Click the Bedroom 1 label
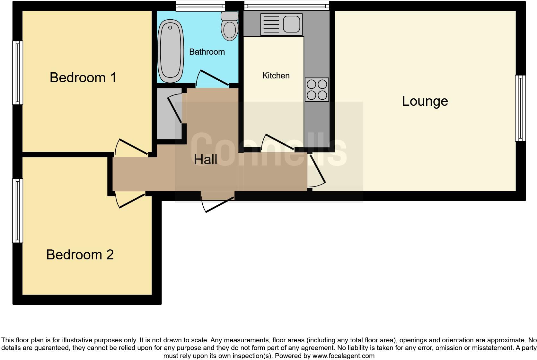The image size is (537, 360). point(83,78)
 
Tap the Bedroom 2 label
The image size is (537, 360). point(80,255)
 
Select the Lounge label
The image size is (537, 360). point(425,101)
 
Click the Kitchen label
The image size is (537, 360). point(276,76)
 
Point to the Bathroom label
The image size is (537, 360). point(207,52)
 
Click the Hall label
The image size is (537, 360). point(205,160)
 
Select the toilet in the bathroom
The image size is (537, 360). point(230,26)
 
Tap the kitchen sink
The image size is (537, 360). point(281,24)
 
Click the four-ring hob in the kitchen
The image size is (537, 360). point(317,90)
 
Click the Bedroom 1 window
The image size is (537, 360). point(18,73)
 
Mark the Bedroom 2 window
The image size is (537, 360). point(18,211)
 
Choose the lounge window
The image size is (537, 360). point(520,108)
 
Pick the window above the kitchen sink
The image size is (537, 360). point(286,5)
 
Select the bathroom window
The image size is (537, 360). point(200,5)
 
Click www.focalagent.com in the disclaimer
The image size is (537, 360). point(343,356)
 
